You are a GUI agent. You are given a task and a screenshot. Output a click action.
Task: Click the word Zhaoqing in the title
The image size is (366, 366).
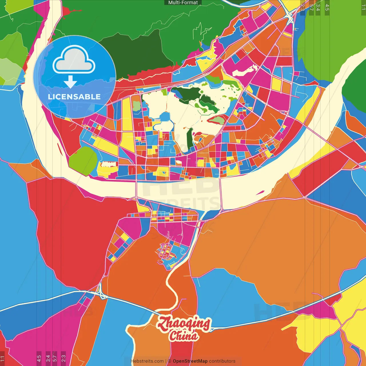tap(184, 324)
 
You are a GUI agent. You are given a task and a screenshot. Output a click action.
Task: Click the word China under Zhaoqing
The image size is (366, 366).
tap(183, 336)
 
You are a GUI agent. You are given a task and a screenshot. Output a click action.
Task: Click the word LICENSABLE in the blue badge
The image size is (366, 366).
tap(74, 97)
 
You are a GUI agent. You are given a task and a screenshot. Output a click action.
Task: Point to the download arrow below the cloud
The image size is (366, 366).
tap(70, 82)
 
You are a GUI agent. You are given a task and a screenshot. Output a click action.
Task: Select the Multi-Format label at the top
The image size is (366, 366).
tap(183, 3)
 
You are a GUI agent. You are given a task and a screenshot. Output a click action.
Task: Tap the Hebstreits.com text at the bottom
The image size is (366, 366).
tap(147, 361)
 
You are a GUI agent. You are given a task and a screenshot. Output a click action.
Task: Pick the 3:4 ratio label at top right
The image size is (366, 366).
tap(318, 7)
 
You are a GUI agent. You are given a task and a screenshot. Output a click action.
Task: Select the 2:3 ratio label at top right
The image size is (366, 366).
tap(303, 7)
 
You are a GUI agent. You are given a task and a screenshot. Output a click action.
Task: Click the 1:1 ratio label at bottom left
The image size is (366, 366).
tap(3, 358)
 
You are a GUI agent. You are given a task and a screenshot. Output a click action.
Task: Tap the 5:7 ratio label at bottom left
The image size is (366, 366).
tap(55, 358)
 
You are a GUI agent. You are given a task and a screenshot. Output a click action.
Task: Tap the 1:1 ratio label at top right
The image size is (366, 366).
tap(363, 7)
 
